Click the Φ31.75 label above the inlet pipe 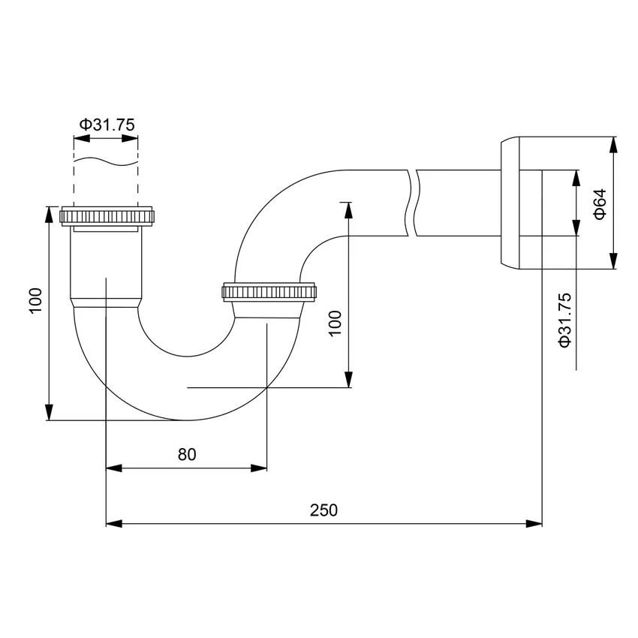point(107,125)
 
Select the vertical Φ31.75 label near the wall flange point(565,319)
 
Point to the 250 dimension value point(324,510)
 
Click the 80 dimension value point(187,455)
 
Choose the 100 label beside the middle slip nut point(335,323)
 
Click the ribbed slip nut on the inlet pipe point(107,216)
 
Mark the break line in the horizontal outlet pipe point(411,203)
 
